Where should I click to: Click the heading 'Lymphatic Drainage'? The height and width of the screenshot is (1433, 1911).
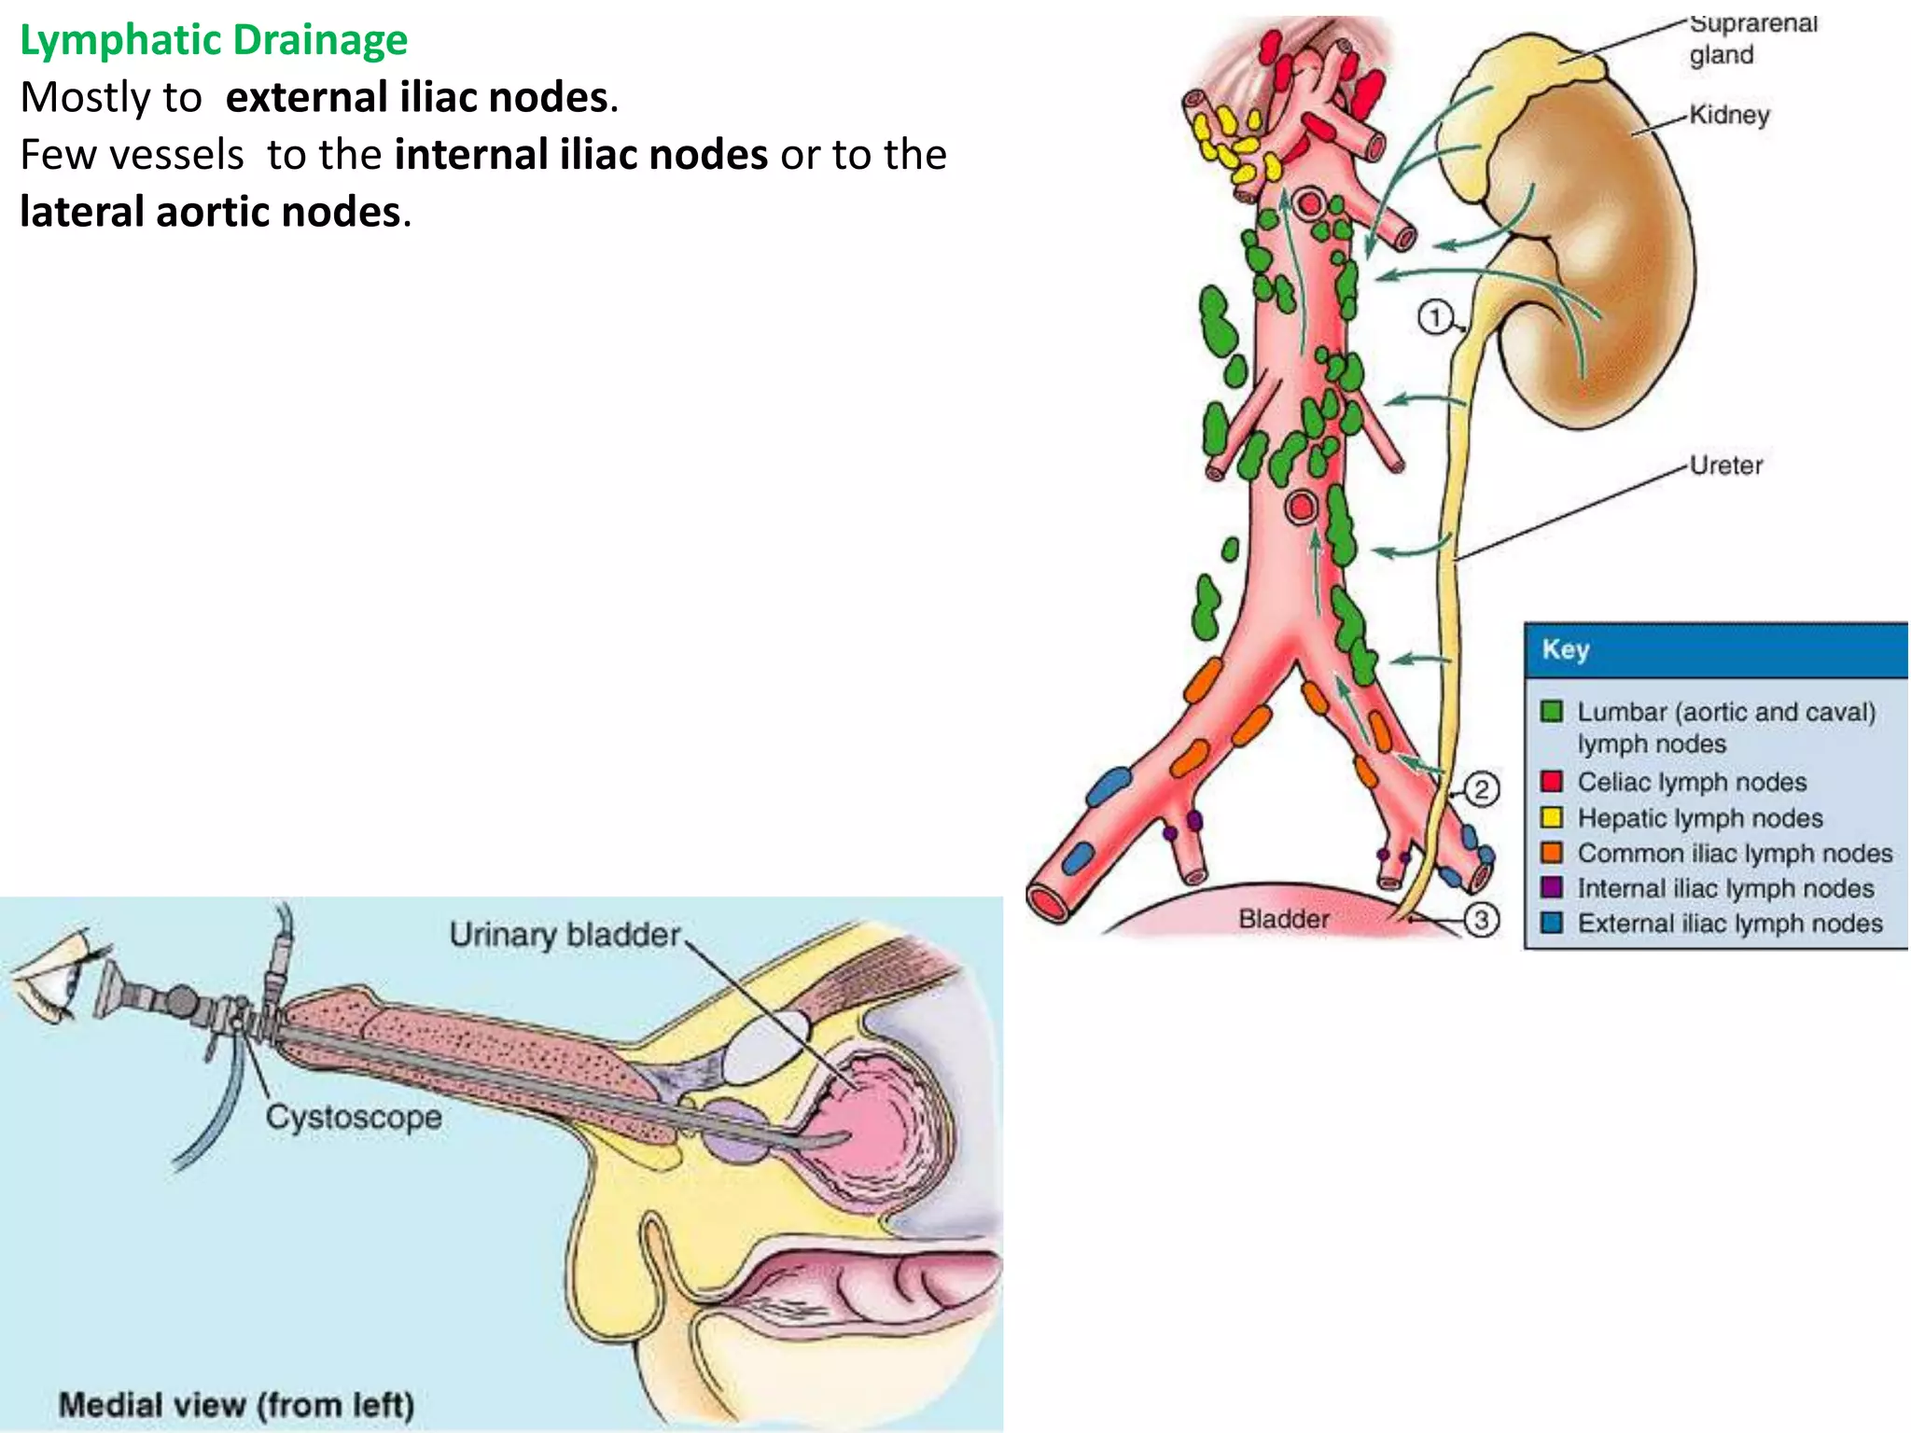[x=214, y=40]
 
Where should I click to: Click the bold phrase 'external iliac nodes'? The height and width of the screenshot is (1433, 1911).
[x=417, y=97]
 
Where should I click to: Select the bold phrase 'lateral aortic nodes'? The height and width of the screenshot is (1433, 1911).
[x=211, y=212]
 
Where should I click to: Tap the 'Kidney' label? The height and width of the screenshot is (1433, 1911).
[x=1729, y=115]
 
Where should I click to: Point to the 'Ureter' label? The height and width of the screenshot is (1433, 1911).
[x=1726, y=465]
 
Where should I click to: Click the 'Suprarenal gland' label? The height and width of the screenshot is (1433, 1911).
[x=1752, y=39]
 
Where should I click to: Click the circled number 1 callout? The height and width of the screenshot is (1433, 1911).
[x=1435, y=317]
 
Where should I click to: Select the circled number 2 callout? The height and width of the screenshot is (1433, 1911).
[x=1481, y=789]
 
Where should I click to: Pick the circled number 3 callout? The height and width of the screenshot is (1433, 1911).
[x=1481, y=920]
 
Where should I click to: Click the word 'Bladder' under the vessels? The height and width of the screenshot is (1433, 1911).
[x=1284, y=919]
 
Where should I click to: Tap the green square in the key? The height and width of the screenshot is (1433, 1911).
[x=1552, y=712]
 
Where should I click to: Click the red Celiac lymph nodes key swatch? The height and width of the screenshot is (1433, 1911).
[x=1552, y=781]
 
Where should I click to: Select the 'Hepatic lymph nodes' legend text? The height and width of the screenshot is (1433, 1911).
[x=1700, y=818]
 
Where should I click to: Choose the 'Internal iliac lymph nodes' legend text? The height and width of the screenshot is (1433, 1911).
[x=1725, y=888]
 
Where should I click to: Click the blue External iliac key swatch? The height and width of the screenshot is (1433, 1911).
[x=1552, y=923]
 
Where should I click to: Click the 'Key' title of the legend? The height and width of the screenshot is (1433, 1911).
[x=1565, y=649]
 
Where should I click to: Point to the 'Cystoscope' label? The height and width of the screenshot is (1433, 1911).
[x=354, y=1117]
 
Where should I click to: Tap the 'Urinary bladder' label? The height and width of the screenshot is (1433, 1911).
[x=565, y=935]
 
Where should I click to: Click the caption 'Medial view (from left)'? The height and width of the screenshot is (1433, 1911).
[x=236, y=1404]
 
